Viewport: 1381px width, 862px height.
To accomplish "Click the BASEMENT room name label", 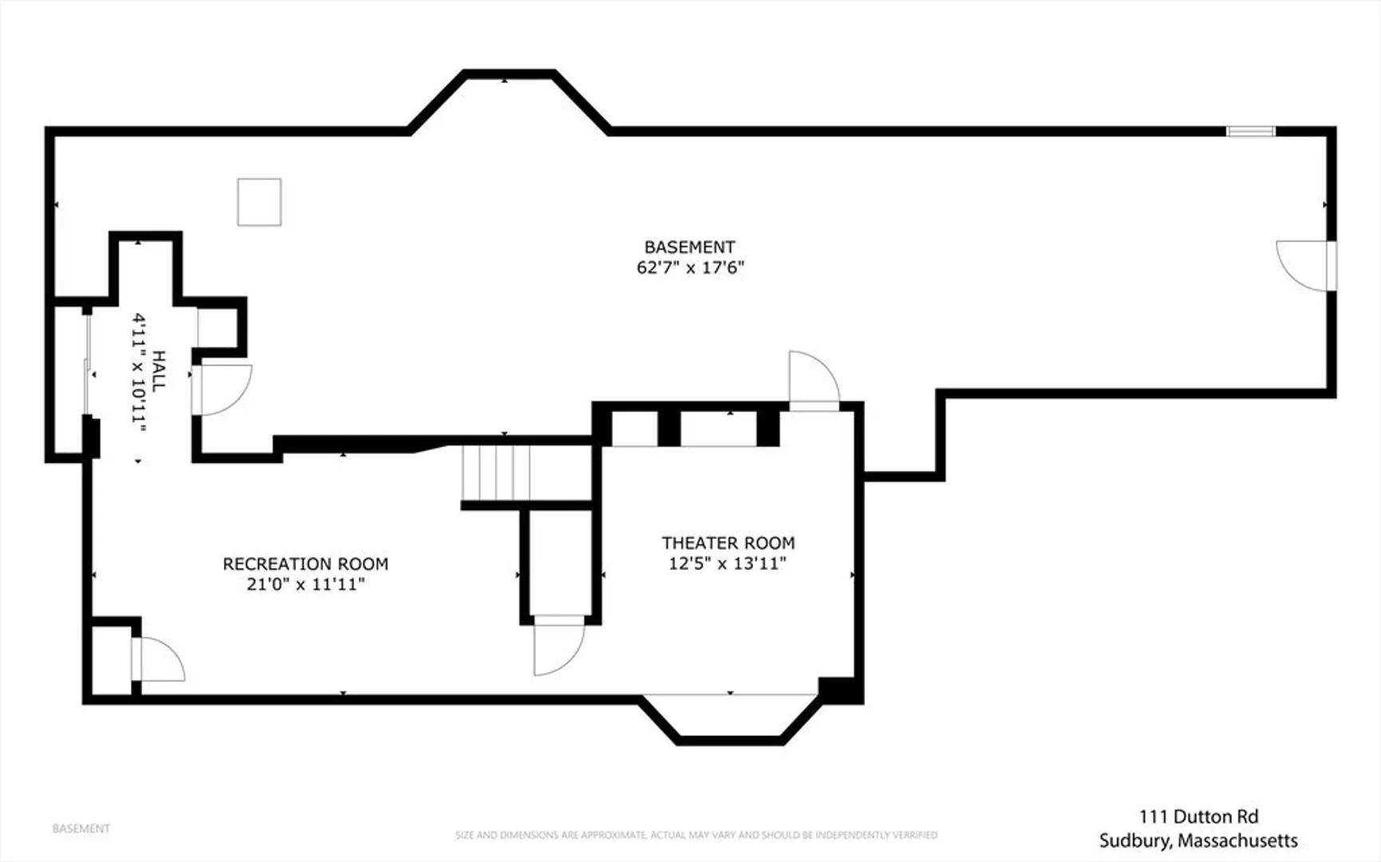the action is tap(689, 247).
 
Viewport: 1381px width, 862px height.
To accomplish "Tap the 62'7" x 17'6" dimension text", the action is tap(690, 267).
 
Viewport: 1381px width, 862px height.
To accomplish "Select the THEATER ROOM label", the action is tap(728, 544).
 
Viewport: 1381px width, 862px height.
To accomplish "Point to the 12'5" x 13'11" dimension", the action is tap(728, 563).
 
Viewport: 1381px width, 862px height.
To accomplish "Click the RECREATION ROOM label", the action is tap(306, 564).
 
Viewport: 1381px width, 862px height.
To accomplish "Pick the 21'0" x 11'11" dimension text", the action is tap(306, 584).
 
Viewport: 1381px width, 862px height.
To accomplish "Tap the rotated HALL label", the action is tap(159, 371).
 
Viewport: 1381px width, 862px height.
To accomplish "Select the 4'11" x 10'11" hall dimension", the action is tap(140, 372).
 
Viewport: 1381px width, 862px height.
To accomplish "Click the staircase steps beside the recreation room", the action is tap(495, 473).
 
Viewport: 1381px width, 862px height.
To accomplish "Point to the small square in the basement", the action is tap(259, 202).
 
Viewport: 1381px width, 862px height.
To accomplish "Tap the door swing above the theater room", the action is tap(814, 380).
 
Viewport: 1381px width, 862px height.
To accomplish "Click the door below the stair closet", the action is tap(559, 645).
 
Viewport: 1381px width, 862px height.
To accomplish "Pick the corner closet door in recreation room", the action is tap(159, 659).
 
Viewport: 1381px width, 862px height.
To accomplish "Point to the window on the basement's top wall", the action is tap(1251, 132).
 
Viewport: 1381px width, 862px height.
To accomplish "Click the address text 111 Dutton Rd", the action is tap(1198, 817).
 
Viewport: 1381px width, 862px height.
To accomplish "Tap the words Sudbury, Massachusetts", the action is tap(1198, 840).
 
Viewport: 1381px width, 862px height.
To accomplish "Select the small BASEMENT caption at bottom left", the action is tap(81, 828).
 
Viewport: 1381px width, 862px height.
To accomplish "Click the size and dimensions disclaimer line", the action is tap(696, 835).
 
